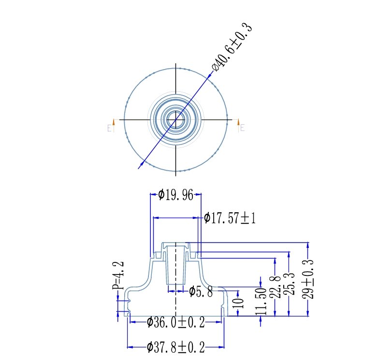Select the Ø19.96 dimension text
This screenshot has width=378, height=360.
pos(175,195)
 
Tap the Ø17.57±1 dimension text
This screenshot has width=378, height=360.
pos(230,218)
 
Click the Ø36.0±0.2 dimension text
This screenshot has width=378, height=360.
pos(175,322)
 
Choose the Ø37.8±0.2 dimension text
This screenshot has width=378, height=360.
pos(175,347)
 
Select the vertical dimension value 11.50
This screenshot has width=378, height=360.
pos(262,301)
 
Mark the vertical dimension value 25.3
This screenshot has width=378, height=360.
pos(289,286)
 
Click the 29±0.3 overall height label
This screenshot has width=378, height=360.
pos(308,279)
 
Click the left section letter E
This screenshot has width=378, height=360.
pos(109,129)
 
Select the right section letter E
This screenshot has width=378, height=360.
pos(242,128)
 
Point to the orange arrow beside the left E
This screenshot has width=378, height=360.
pos(114,122)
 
